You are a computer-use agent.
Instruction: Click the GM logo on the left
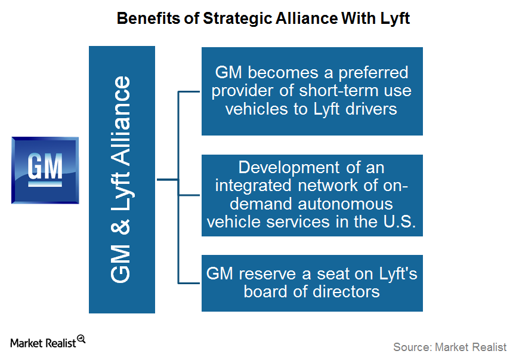45,170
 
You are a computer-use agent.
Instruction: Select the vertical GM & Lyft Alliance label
120,180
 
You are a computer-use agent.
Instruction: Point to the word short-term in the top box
339,91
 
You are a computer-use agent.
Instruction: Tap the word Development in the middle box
289,168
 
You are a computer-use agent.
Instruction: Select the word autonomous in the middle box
345,204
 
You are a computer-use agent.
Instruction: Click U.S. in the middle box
400,221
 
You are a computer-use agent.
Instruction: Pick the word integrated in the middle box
253,186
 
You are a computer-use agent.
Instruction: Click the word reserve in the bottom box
267,274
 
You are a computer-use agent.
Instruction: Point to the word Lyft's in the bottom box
398,275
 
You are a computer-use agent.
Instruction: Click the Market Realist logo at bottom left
48,342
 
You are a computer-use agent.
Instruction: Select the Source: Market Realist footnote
450,347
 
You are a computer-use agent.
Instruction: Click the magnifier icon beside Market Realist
81,339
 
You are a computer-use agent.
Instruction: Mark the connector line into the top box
188,92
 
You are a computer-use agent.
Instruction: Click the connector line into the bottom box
188,283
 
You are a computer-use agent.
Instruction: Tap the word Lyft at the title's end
395,19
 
